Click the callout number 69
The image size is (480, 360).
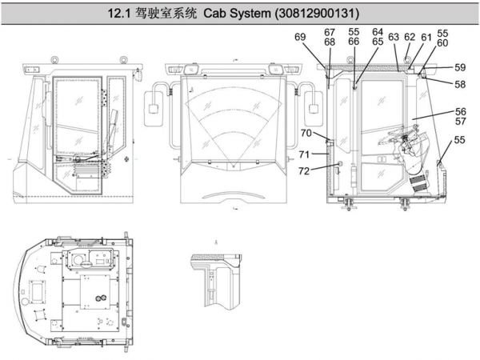[300, 37]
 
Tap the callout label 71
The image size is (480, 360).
[304, 154]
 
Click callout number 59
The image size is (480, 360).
[460, 67]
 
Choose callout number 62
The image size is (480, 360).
[410, 37]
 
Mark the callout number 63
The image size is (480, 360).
[394, 37]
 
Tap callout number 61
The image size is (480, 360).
[426, 37]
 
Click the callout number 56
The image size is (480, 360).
[460, 112]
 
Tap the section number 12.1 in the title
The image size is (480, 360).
[120, 14]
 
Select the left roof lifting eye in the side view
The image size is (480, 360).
[54, 58]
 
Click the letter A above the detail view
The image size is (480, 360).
[216, 241]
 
